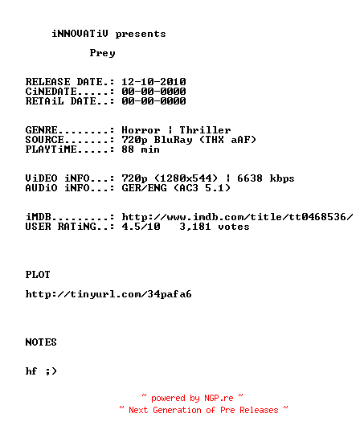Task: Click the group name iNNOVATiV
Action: [x=80, y=34]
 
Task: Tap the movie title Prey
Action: [x=102, y=53]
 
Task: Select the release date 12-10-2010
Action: [x=153, y=82]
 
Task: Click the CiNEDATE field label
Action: [x=51, y=92]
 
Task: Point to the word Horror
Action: [x=141, y=130]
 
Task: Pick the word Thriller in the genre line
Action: [x=205, y=130]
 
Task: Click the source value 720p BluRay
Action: [x=157, y=140]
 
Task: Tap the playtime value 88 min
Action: [x=141, y=149]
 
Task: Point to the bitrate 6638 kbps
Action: [x=266, y=178]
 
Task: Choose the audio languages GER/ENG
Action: [x=144, y=188]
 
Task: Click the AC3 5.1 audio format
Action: [x=202, y=188]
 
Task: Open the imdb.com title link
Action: [x=237, y=217]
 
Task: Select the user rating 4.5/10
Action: [x=141, y=227]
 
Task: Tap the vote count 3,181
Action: [x=195, y=227]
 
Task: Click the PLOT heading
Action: [x=38, y=275]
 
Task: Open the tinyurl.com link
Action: [x=108, y=294]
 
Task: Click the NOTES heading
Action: [x=41, y=342]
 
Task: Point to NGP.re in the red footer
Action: [x=219, y=399]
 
